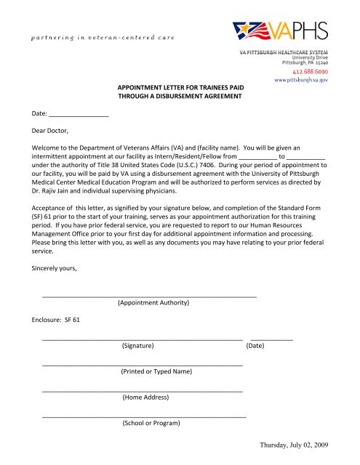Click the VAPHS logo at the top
(x=281, y=32)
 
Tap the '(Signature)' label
(x=143, y=346)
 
